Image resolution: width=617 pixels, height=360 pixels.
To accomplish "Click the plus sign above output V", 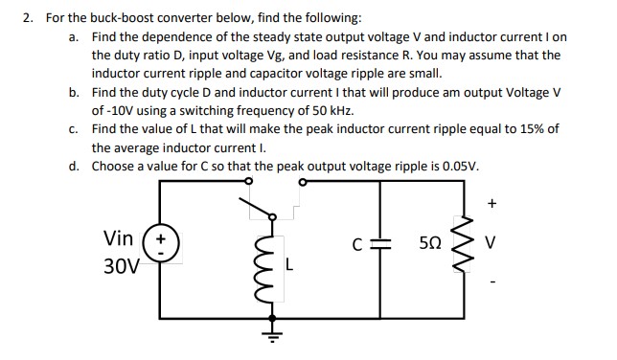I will click(x=492, y=202).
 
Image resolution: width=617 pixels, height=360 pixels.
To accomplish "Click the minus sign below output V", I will click(x=492, y=283).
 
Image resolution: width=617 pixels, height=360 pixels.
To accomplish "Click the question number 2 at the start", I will click(x=30, y=18).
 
